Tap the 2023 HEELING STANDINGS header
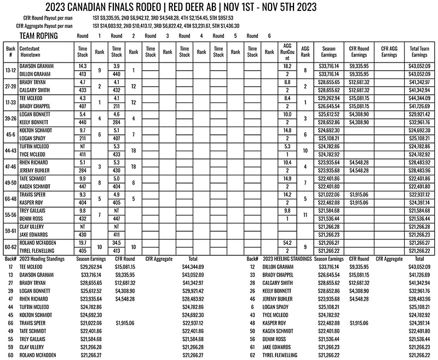click(287, 258)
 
